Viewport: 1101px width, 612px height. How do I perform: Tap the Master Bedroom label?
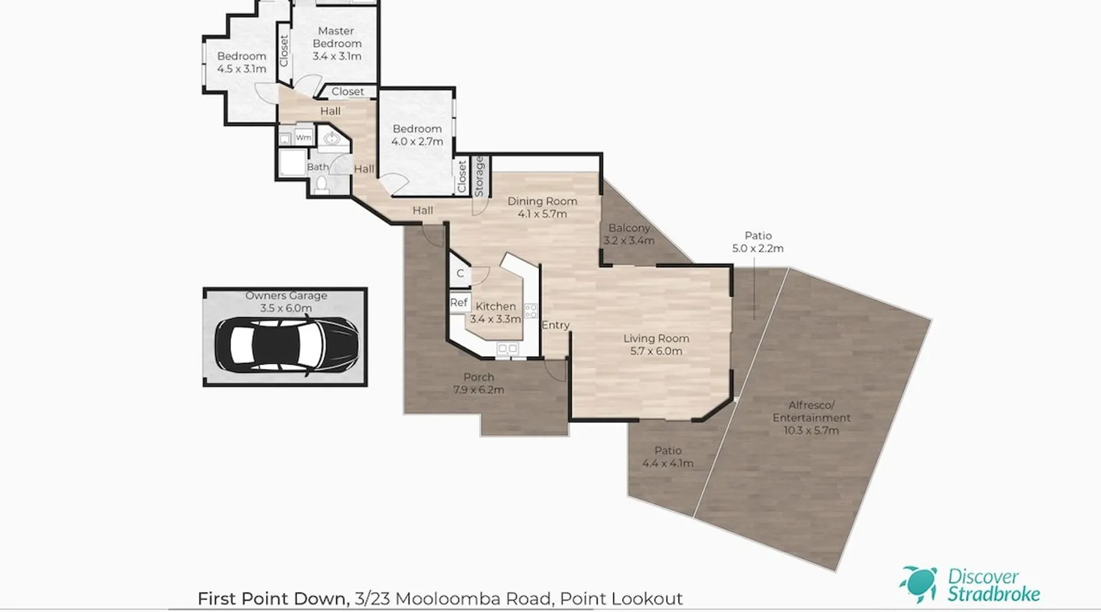coord(336,37)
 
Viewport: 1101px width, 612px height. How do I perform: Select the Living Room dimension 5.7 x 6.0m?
coord(656,351)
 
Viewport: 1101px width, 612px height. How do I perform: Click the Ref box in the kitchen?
coord(459,302)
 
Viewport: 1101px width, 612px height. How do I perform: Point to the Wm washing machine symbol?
coord(303,138)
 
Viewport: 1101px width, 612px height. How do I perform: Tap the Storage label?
coord(480,176)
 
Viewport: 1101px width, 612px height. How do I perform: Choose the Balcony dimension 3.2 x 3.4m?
coord(629,241)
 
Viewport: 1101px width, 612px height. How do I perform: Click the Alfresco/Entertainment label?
coord(811,411)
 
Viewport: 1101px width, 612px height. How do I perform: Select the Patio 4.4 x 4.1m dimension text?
coord(668,463)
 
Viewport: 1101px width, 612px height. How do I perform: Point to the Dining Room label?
coord(543,201)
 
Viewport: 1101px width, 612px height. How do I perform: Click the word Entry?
coord(555,326)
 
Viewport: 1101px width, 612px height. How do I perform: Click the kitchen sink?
coord(508,349)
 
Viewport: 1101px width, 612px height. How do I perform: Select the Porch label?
coord(478,377)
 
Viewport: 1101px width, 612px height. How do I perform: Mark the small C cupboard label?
coord(460,274)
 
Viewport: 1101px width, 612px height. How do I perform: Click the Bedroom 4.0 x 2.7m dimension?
coord(417,141)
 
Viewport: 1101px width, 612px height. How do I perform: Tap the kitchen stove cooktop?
coord(531,310)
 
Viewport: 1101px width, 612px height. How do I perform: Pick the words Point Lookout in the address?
coord(621,599)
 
